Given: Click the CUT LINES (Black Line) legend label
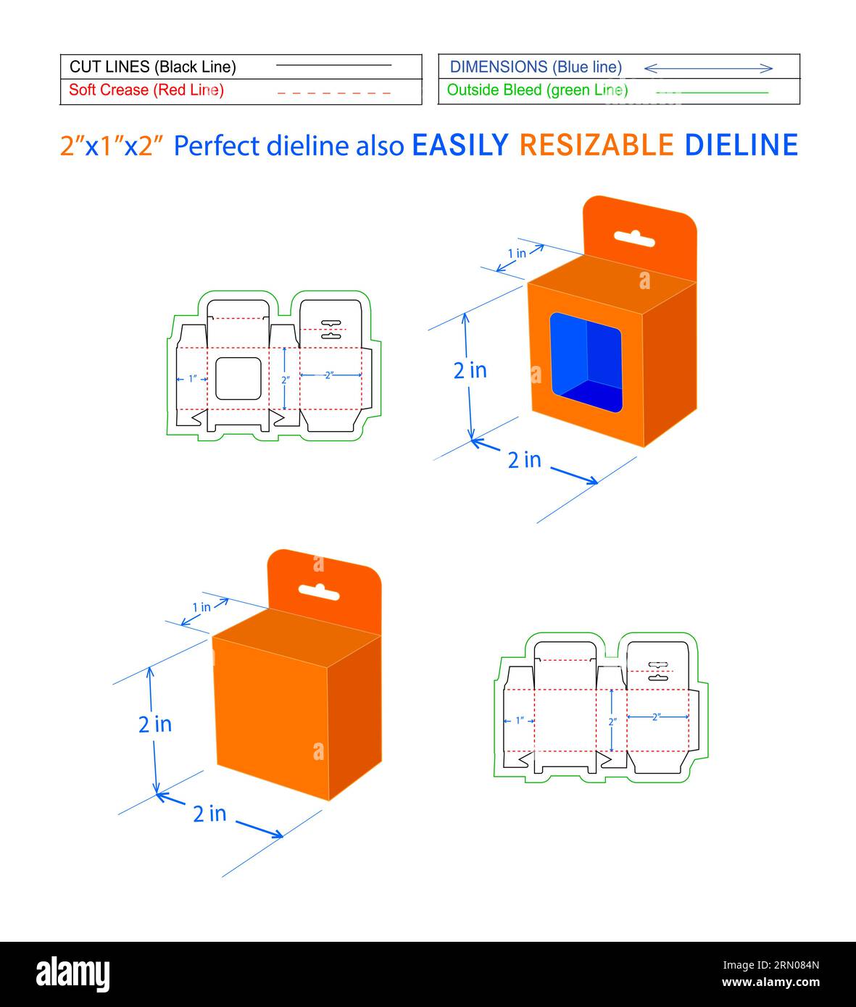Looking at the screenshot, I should tap(152, 67).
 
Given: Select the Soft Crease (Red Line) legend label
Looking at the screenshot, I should tap(146, 90).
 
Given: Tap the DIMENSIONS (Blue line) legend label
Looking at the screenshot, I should tap(536, 67).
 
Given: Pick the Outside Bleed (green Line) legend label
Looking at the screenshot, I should tap(537, 90).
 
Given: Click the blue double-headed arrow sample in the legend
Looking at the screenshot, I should tap(708, 68).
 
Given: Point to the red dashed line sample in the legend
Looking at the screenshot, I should tap(333, 93).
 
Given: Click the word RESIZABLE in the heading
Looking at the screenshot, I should tap(596, 146).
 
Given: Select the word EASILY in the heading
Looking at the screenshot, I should tap(460, 146).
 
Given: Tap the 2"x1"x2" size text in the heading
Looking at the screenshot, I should tap(111, 146).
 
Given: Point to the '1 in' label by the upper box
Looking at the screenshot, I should tap(517, 254).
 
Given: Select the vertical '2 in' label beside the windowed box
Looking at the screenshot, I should tap(470, 370).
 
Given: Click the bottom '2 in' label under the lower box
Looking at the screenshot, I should tap(209, 814).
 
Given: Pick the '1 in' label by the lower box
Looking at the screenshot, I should tap(201, 607).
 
